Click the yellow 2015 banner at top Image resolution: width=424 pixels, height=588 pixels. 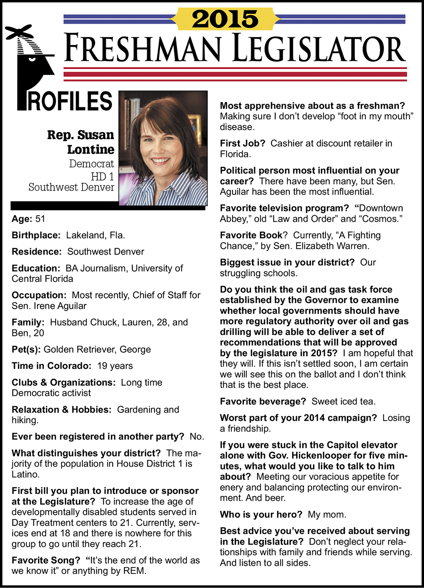tap(225, 18)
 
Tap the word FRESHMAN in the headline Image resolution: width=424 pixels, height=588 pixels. tap(142, 48)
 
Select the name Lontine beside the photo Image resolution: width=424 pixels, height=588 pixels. tap(90, 150)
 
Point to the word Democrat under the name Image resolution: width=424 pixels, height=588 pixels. tap(91, 164)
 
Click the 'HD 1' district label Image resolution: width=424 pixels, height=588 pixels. tap(102, 176)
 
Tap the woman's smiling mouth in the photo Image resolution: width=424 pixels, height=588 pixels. tap(161, 161)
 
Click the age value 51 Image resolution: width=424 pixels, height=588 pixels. tap(40, 219)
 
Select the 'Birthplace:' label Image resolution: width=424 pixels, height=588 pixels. tap(36, 235)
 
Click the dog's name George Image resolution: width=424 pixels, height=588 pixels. tap(135, 349)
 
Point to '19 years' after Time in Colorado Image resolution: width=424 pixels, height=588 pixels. tap(115, 366)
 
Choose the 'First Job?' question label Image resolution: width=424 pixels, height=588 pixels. tap(242, 144)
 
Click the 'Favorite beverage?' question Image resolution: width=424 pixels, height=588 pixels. tap(263, 401)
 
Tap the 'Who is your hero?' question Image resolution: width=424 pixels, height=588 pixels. tap(261, 514)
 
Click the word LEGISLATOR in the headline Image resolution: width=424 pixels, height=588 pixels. tap(319, 48)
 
